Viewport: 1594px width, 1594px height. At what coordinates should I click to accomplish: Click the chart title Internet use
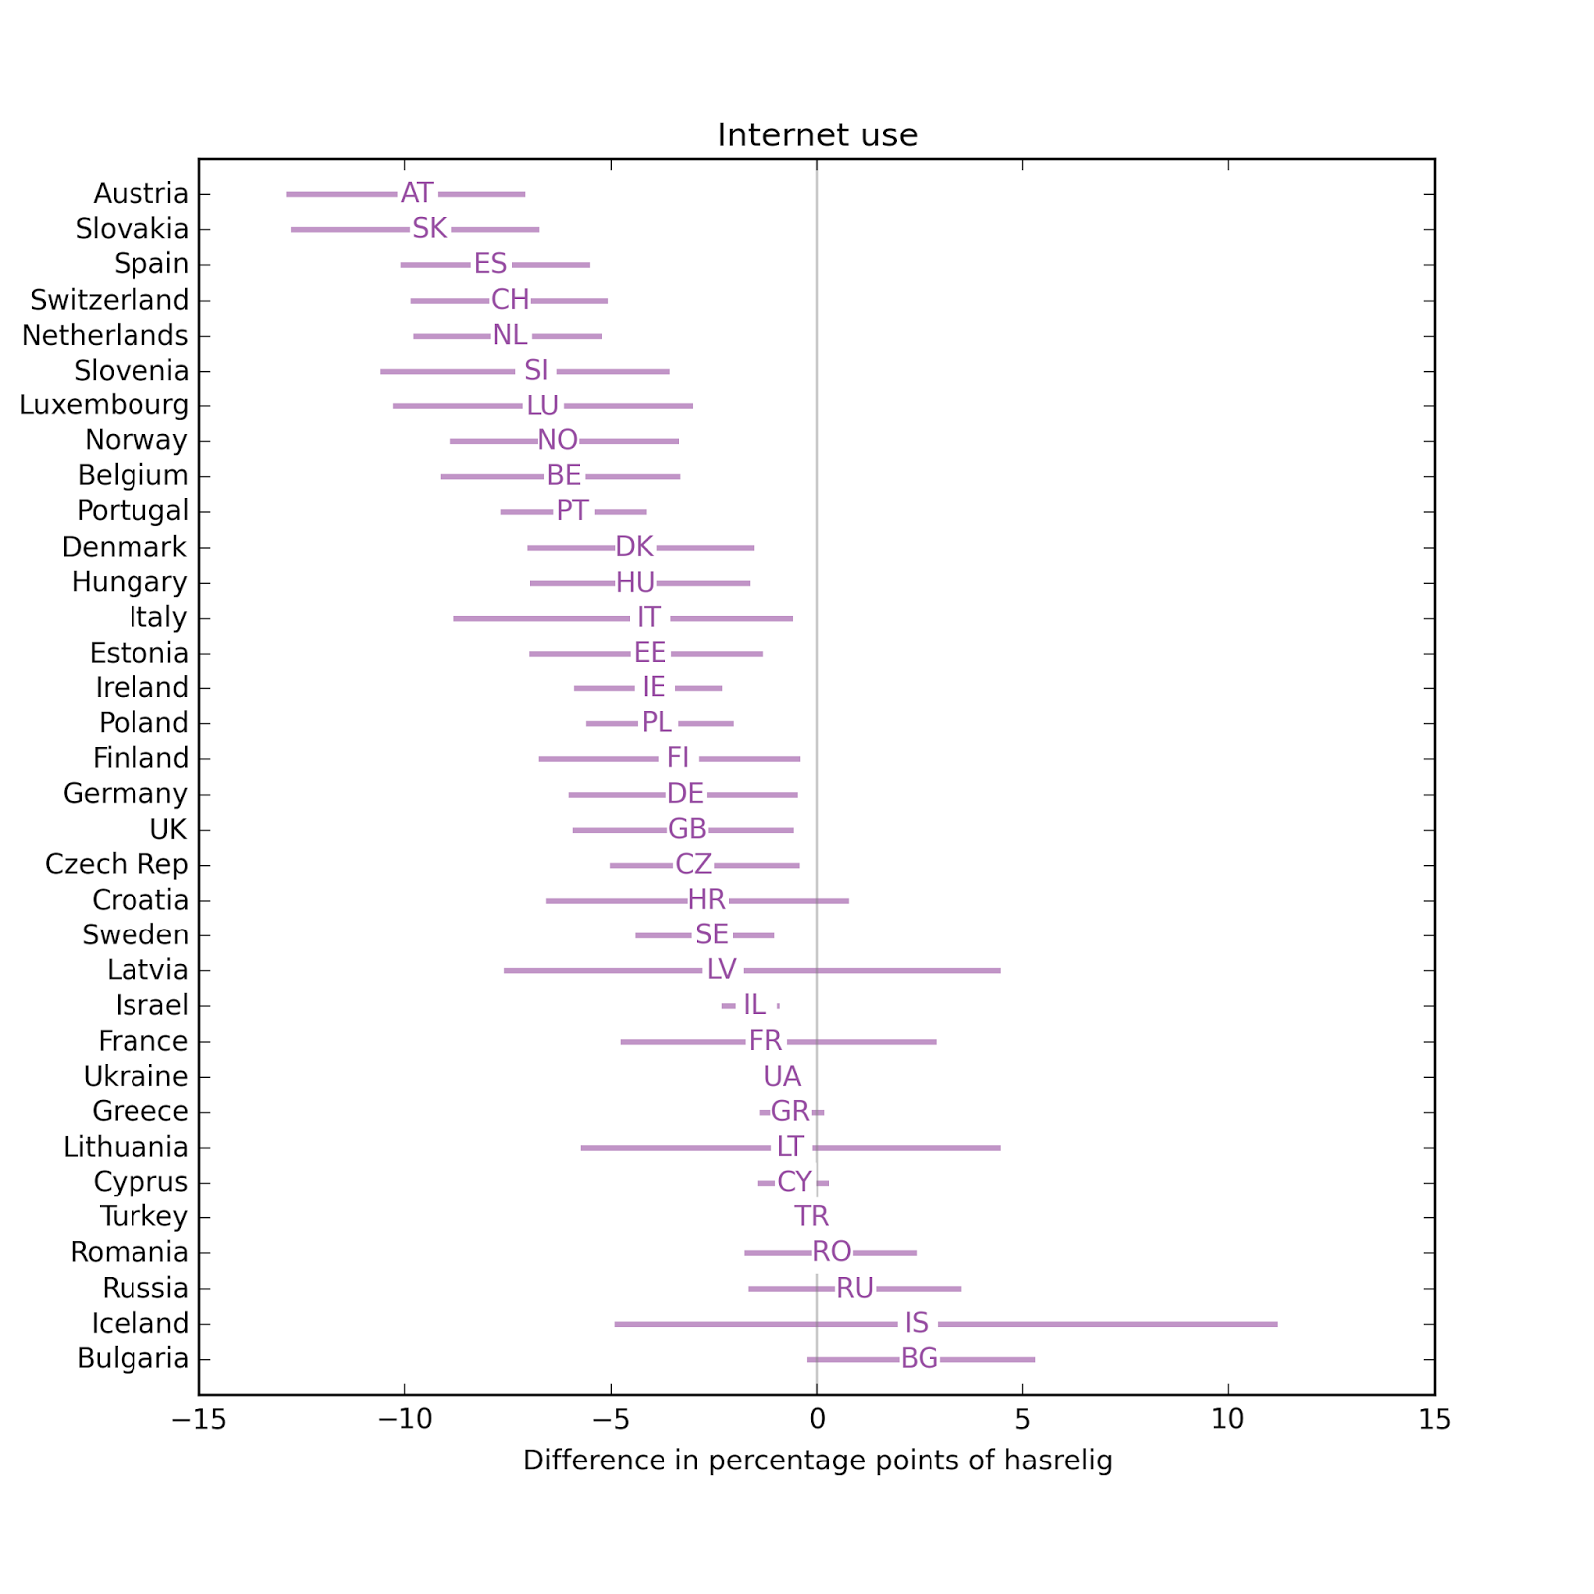(x=817, y=134)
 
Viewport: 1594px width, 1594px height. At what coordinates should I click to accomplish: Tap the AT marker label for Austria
(x=417, y=193)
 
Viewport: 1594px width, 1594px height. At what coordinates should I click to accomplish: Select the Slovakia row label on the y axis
(x=133, y=229)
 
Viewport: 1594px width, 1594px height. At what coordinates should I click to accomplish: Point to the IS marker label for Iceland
(x=916, y=1323)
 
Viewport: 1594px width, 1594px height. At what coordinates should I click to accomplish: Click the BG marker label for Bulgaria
(x=919, y=1358)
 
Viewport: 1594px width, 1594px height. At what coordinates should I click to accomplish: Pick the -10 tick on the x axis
(x=404, y=1419)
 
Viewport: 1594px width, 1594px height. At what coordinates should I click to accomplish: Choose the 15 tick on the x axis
(x=1434, y=1419)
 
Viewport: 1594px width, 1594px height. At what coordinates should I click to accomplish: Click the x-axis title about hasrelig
(x=817, y=1461)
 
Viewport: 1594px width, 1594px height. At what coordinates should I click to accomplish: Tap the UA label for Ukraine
(x=782, y=1076)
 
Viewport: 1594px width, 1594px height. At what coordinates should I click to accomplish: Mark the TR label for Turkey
(x=811, y=1216)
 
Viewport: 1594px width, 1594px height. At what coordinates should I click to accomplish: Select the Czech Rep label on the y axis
(x=117, y=864)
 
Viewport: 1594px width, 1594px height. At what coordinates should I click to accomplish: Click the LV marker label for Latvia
(x=722, y=970)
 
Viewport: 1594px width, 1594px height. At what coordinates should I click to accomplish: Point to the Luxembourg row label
(x=105, y=405)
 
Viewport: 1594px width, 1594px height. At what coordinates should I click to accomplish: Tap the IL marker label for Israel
(x=754, y=1005)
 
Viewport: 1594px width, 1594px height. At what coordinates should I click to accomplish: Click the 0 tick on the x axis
(x=817, y=1419)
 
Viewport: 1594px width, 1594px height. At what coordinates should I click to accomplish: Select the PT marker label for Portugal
(x=572, y=511)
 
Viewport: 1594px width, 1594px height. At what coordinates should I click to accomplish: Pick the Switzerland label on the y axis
(x=110, y=300)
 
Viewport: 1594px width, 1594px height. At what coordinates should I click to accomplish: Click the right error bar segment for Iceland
(x=1107, y=1324)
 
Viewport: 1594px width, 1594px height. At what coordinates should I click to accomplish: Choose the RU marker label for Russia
(x=855, y=1288)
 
